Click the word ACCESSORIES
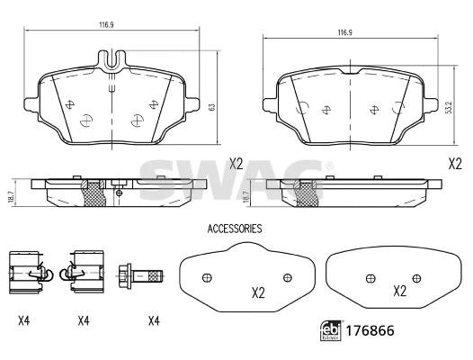click(x=234, y=229)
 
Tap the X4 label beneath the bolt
click(x=153, y=320)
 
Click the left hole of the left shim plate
click(x=207, y=276)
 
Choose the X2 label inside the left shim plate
click(x=257, y=292)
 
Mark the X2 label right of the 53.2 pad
click(x=455, y=163)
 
